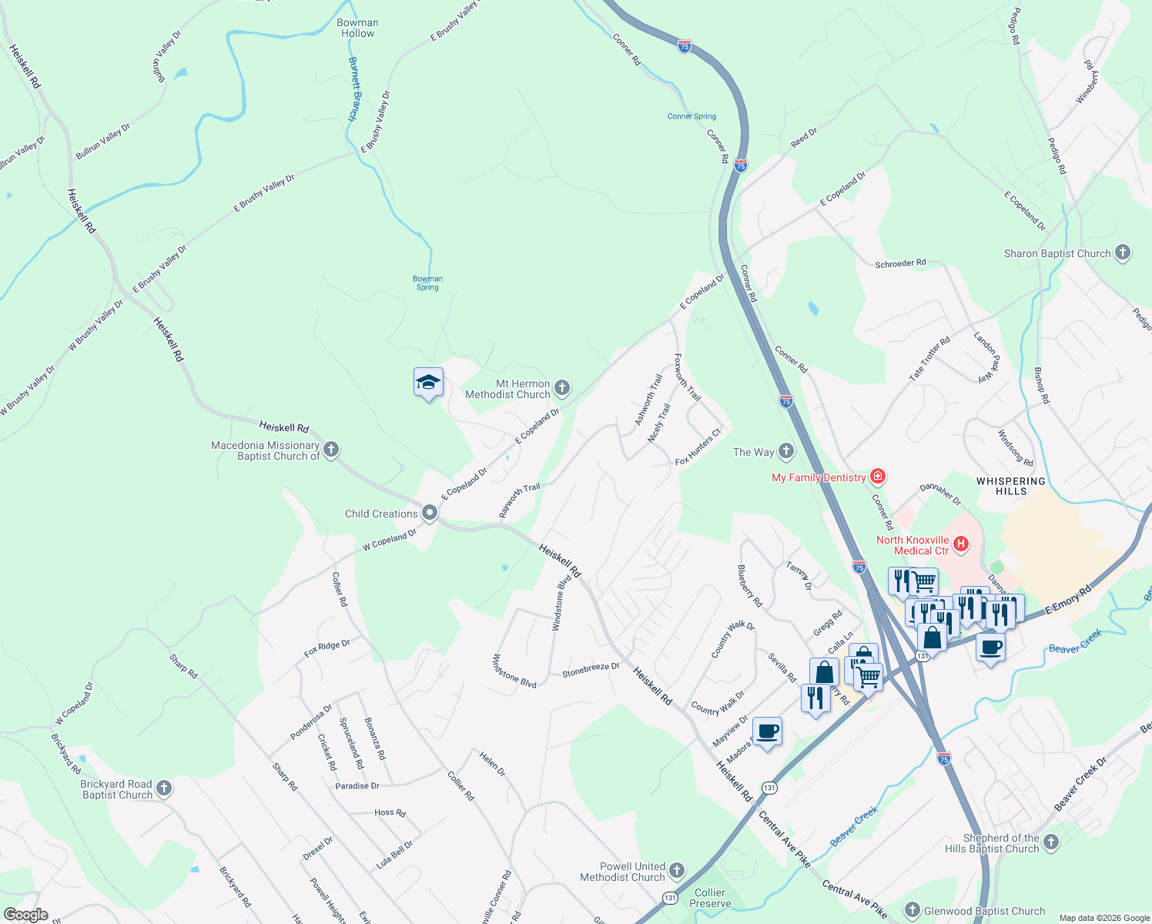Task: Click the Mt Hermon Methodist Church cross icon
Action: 562,388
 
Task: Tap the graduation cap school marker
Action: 428,382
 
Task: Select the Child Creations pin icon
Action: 430,513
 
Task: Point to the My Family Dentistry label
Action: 819,477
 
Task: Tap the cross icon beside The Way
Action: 785,451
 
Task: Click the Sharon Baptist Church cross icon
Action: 1123,253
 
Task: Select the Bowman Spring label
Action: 427,283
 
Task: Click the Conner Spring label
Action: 692,116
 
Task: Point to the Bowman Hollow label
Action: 357,28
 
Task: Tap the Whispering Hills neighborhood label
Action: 1011,486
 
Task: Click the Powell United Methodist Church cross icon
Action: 676,871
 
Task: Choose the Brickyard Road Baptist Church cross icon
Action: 164,788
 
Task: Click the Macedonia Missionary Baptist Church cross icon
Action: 331,450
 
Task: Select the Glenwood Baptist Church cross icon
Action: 913,911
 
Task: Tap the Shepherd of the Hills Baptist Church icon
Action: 1051,842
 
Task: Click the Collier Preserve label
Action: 710,898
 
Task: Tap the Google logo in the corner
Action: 25,915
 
